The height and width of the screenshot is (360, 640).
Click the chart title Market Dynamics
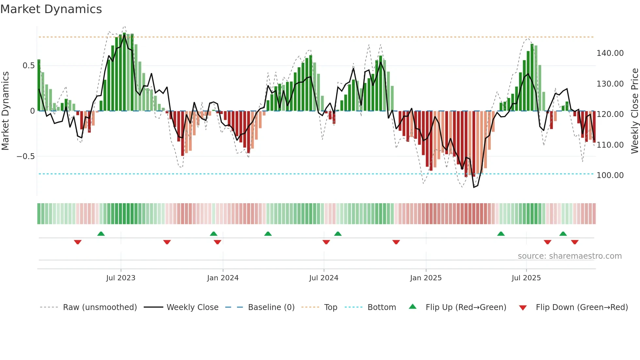click(51, 9)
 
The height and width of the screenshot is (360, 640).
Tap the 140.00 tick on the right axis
click(610, 53)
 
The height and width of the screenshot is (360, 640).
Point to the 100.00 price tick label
click(610, 175)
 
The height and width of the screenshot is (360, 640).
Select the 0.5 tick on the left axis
click(28, 66)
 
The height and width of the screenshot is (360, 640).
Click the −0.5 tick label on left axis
click(25, 156)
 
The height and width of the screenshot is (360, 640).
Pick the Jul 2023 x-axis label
click(120, 278)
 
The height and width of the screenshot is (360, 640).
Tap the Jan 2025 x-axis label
click(426, 278)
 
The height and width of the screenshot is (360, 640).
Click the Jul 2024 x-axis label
click(324, 278)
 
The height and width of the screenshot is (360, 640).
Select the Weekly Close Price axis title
click(634, 111)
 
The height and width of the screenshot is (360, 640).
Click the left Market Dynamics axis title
click(5, 111)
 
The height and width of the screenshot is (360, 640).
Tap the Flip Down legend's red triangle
click(523, 308)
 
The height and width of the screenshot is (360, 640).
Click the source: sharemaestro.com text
click(569, 256)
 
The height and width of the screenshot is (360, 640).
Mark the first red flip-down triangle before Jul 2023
click(78, 242)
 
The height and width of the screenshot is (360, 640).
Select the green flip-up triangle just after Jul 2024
click(338, 234)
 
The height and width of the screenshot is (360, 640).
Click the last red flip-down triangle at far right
click(575, 242)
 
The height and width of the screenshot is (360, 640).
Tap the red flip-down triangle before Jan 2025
click(396, 242)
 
